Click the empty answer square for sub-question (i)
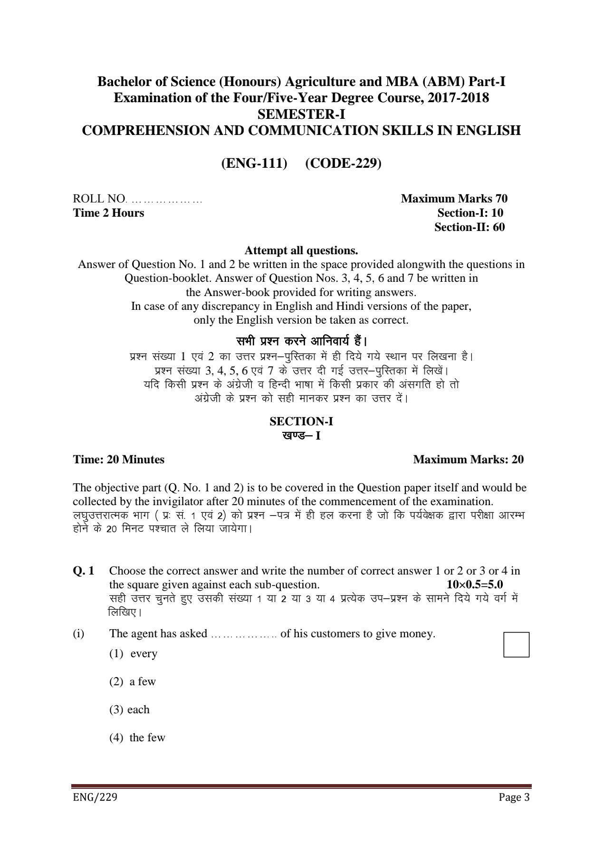click(x=516, y=644)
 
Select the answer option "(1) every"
click(x=134, y=653)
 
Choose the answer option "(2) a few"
click(x=133, y=681)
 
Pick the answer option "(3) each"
click(x=129, y=709)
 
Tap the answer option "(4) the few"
click(x=137, y=738)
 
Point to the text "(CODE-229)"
click(x=343, y=163)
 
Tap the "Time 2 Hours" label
click(x=108, y=213)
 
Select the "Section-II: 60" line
click(x=469, y=227)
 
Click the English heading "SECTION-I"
click(x=301, y=421)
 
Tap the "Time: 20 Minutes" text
click(x=118, y=460)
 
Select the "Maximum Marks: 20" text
click(x=468, y=460)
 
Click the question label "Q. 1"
click(x=84, y=571)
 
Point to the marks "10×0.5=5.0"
click(x=475, y=585)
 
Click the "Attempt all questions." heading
click(x=301, y=250)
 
